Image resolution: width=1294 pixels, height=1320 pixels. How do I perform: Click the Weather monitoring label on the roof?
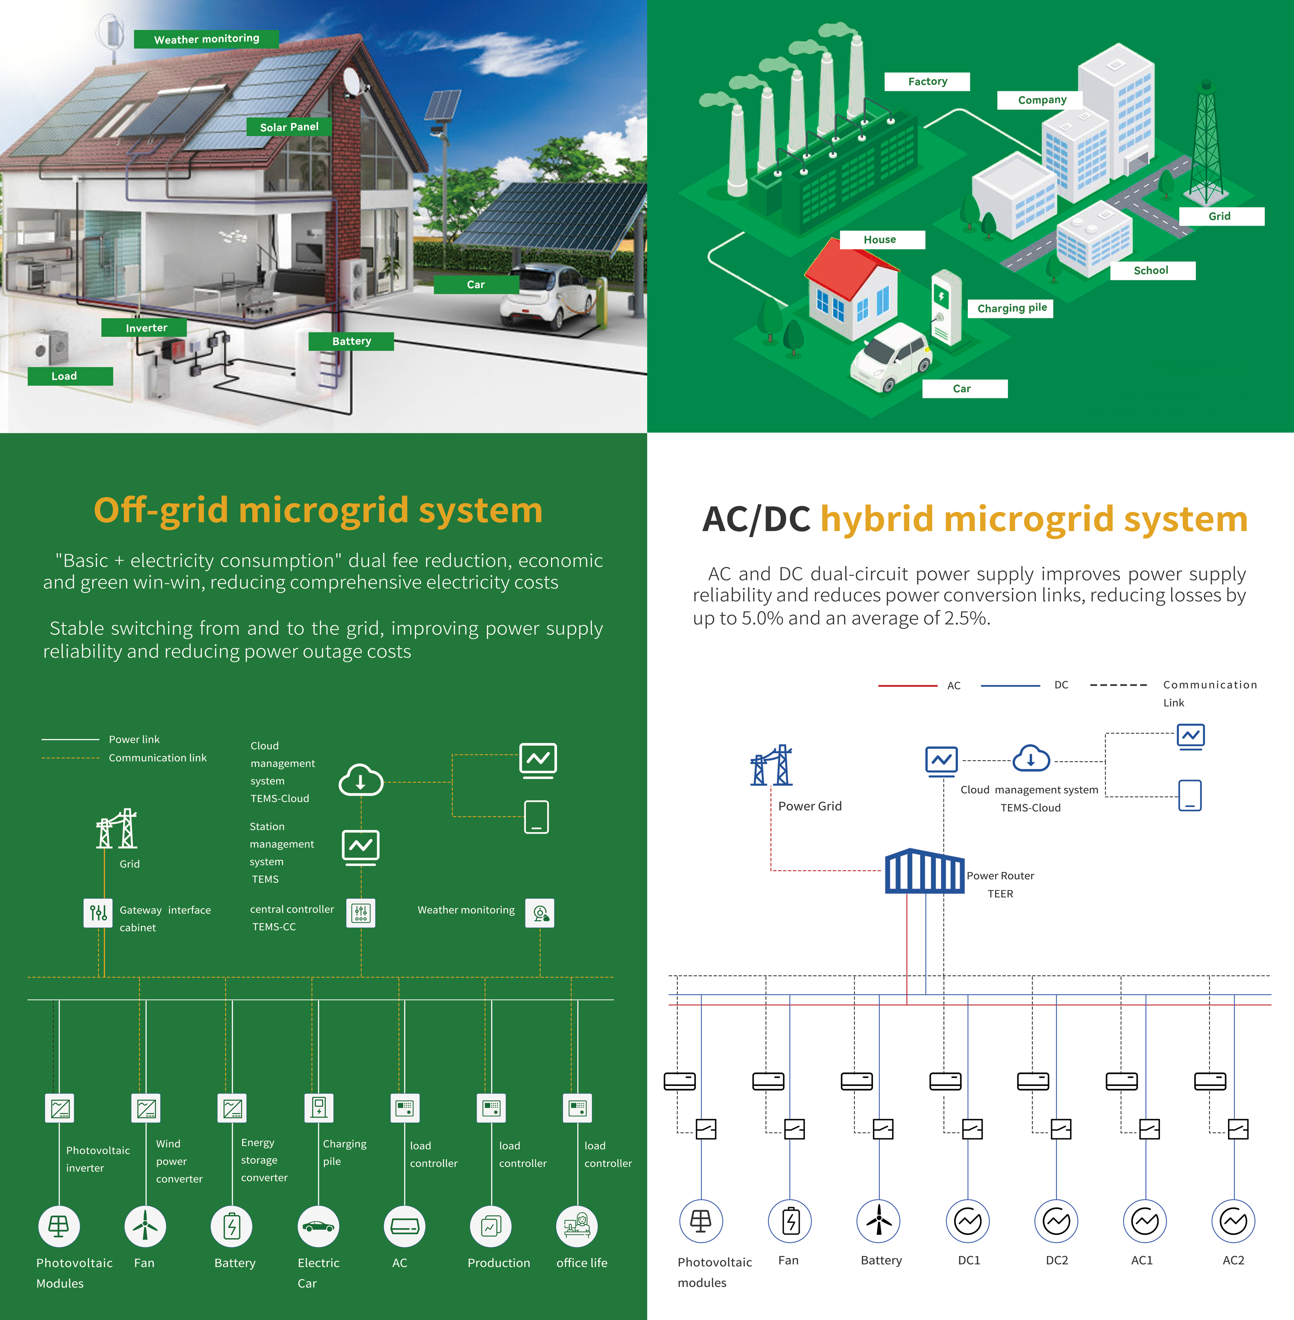tap(207, 39)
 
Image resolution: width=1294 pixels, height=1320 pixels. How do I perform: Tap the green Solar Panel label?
tap(289, 127)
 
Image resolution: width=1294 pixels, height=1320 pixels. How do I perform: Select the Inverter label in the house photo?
tap(144, 327)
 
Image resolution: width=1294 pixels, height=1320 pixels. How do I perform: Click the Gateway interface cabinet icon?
tap(98, 912)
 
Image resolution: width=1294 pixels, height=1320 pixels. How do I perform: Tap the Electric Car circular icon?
tap(318, 1226)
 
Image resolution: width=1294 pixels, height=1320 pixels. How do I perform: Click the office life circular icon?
tap(577, 1226)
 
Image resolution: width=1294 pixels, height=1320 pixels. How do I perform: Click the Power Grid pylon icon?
tap(771, 765)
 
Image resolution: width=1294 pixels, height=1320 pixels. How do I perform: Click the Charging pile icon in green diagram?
tap(319, 1107)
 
